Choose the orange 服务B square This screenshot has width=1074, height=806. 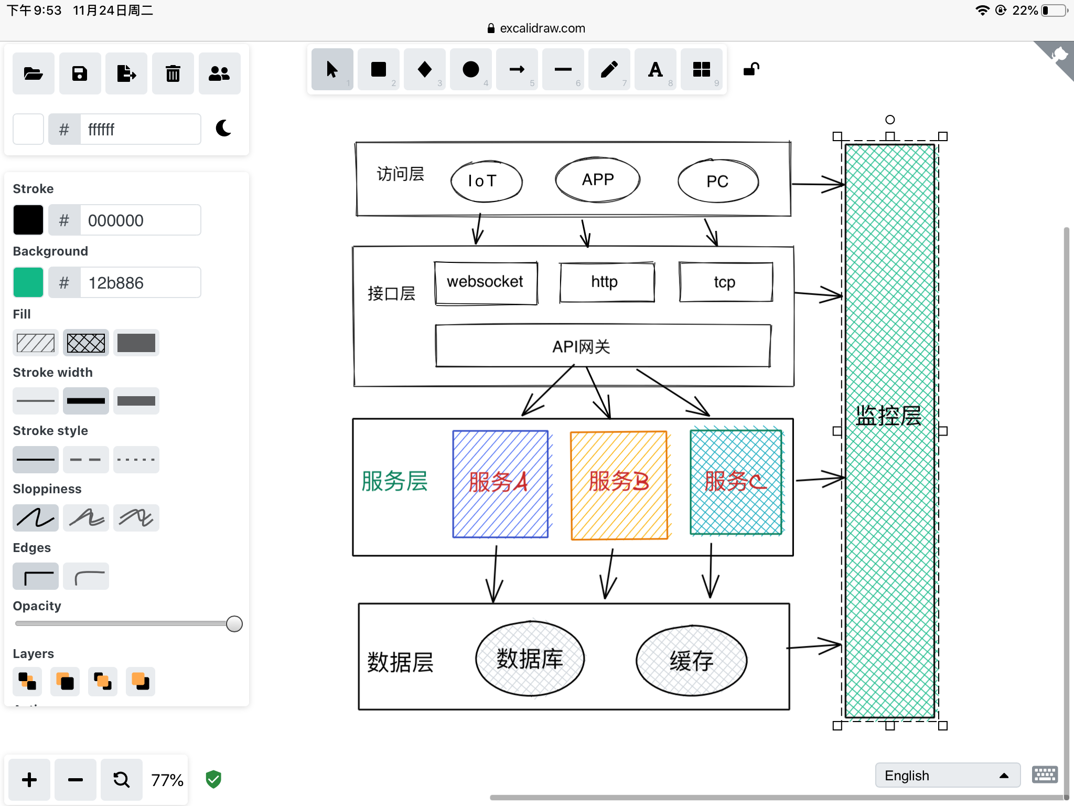619,485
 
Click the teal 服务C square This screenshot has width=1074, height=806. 736,482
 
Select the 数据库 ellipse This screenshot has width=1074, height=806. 530,659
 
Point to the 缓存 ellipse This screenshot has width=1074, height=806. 691,661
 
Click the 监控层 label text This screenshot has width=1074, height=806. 888,416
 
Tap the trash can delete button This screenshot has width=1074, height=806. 173,73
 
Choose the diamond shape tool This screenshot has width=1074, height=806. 425,69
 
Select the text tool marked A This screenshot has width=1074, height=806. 656,69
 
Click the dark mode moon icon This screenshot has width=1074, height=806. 224,128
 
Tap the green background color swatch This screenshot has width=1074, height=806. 28,282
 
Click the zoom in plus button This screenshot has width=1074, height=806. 29,780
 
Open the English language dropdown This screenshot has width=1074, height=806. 948,776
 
